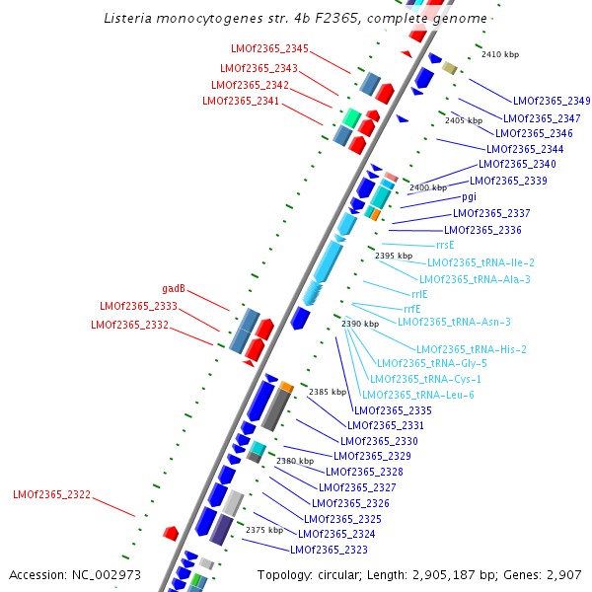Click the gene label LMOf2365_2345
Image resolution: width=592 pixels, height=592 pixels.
pos(269,48)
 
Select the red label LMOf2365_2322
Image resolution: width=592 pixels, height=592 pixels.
pos(51,494)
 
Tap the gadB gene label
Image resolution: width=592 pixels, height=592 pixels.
pos(175,289)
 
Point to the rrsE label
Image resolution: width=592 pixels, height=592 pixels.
pos(445,245)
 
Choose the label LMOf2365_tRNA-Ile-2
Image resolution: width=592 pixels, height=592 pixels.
pos(481,262)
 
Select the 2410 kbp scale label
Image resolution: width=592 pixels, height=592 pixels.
pos(499,54)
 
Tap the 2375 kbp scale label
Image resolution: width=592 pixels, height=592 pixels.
pos(263,530)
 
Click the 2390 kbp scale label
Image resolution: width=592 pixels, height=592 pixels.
pos(359,324)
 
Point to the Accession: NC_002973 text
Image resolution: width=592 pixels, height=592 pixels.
pos(75,574)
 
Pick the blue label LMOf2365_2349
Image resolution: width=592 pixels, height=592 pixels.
pos(552,101)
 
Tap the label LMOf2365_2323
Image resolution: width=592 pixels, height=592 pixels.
pos(329,550)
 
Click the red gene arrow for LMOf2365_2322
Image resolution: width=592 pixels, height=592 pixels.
pos(171,533)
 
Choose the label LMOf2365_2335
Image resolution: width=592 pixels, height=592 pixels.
pos(393,410)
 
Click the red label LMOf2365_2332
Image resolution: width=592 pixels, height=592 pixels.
pos(130,325)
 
